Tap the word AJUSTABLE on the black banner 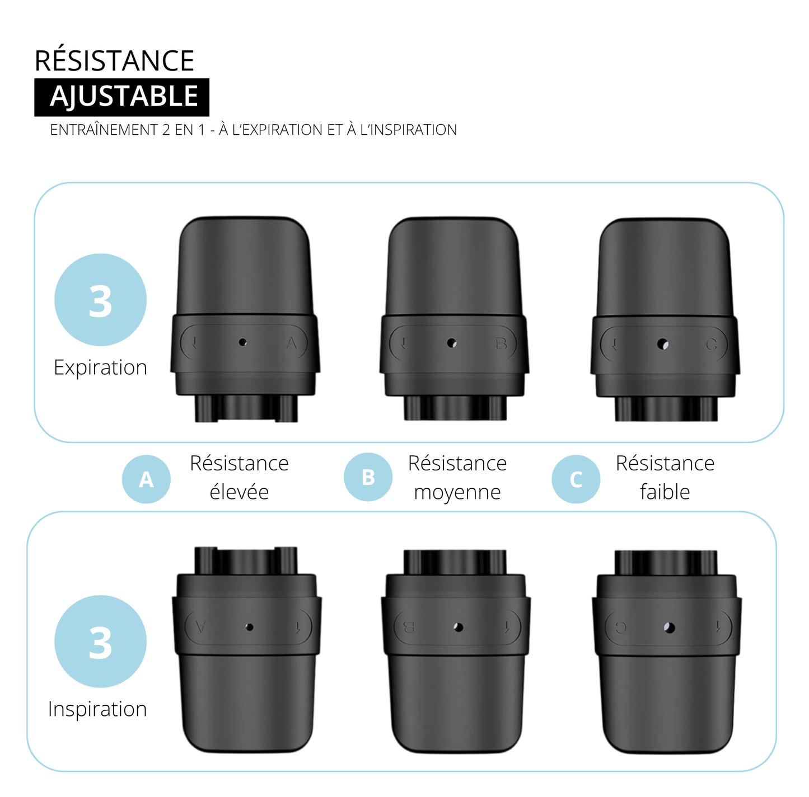[x=124, y=96]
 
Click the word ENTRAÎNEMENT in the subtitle [x=104, y=130]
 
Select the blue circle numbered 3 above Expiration [x=100, y=300]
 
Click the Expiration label [x=100, y=367]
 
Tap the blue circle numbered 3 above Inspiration [x=100, y=642]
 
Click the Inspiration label [x=97, y=709]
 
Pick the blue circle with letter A [x=146, y=479]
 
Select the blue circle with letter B [x=368, y=477]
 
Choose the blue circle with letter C [x=576, y=479]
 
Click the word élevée [x=239, y=492]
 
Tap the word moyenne [x=457, y=492]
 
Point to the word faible [x=665, y=492]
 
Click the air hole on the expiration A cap [x=242, y=342]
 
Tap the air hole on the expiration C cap [x=663, y=345]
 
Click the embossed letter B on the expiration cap [x=501, y=343]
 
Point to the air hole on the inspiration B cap [x=459, y=627]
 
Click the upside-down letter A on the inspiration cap [x=202, y=626]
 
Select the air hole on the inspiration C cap [x=670, y=628]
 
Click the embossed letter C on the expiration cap [x=711, y=345]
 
